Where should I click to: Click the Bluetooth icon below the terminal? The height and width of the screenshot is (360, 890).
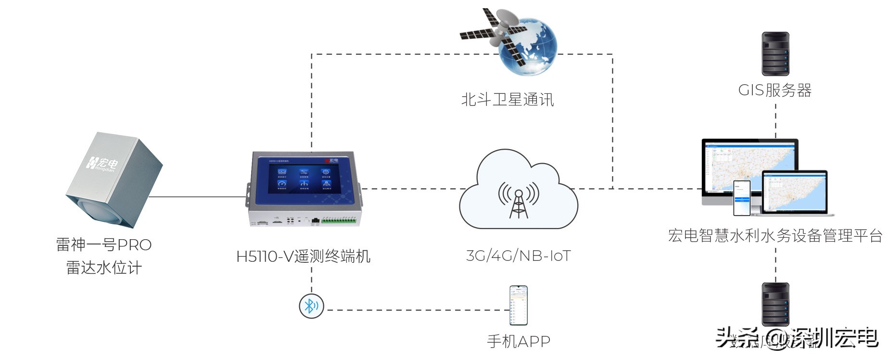311,306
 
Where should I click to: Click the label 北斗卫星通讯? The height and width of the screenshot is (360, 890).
508,100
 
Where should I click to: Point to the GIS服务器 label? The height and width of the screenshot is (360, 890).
775,90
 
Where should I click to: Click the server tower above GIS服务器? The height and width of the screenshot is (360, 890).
775,53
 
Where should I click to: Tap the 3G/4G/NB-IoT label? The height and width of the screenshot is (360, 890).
518,256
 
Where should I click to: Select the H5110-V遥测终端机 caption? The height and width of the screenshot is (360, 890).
303,257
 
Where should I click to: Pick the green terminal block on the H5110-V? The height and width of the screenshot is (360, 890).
339,221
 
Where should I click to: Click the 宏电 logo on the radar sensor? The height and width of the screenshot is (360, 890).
102,163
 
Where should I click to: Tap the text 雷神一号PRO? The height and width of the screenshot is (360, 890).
104,244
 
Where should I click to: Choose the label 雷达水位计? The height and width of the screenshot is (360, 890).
104,268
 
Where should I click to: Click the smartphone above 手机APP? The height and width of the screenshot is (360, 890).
519,305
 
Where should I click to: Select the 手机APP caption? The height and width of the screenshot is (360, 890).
519,341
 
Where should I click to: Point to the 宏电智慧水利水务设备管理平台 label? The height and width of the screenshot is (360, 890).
775,235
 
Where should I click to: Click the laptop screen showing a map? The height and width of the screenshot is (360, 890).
794,192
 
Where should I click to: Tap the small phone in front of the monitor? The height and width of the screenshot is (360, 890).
741,198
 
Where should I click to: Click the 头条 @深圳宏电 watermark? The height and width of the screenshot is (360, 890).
796,338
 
